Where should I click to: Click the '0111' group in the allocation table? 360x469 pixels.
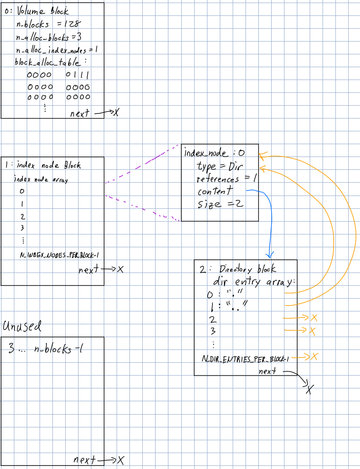point(78,75)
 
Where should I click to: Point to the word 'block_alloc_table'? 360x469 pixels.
point(48,62)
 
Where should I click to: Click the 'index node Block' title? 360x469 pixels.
point(48,165)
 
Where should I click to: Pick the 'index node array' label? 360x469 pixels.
point(41,180)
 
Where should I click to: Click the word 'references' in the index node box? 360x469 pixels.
point(218,179)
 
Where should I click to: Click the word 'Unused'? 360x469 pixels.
point(22,326)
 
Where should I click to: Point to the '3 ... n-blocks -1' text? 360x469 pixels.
point(46,350)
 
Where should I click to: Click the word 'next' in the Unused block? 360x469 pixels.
point(84,460)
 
